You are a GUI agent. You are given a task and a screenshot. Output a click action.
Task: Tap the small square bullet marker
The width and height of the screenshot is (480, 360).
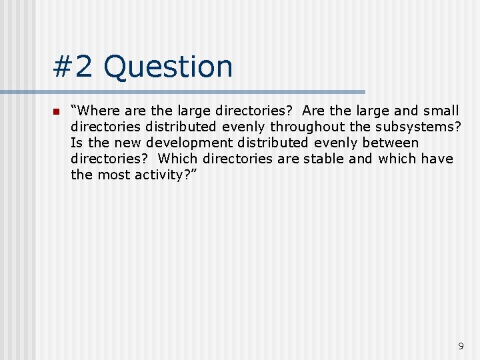click(56, 111)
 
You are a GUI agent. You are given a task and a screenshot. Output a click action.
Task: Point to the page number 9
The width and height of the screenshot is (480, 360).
click(461, 346)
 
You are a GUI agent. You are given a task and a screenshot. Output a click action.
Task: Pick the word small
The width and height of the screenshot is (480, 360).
click(441, 111)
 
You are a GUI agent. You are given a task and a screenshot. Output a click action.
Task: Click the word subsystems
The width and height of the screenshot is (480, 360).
click(417, 127)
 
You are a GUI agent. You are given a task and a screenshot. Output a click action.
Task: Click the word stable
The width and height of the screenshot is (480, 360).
click(323, 159)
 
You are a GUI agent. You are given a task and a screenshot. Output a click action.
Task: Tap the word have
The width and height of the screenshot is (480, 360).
click(437, 159)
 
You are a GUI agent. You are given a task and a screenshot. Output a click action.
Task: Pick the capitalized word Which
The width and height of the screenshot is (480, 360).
click(178, 159)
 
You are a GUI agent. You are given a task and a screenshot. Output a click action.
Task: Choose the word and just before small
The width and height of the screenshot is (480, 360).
click(406, 111)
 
